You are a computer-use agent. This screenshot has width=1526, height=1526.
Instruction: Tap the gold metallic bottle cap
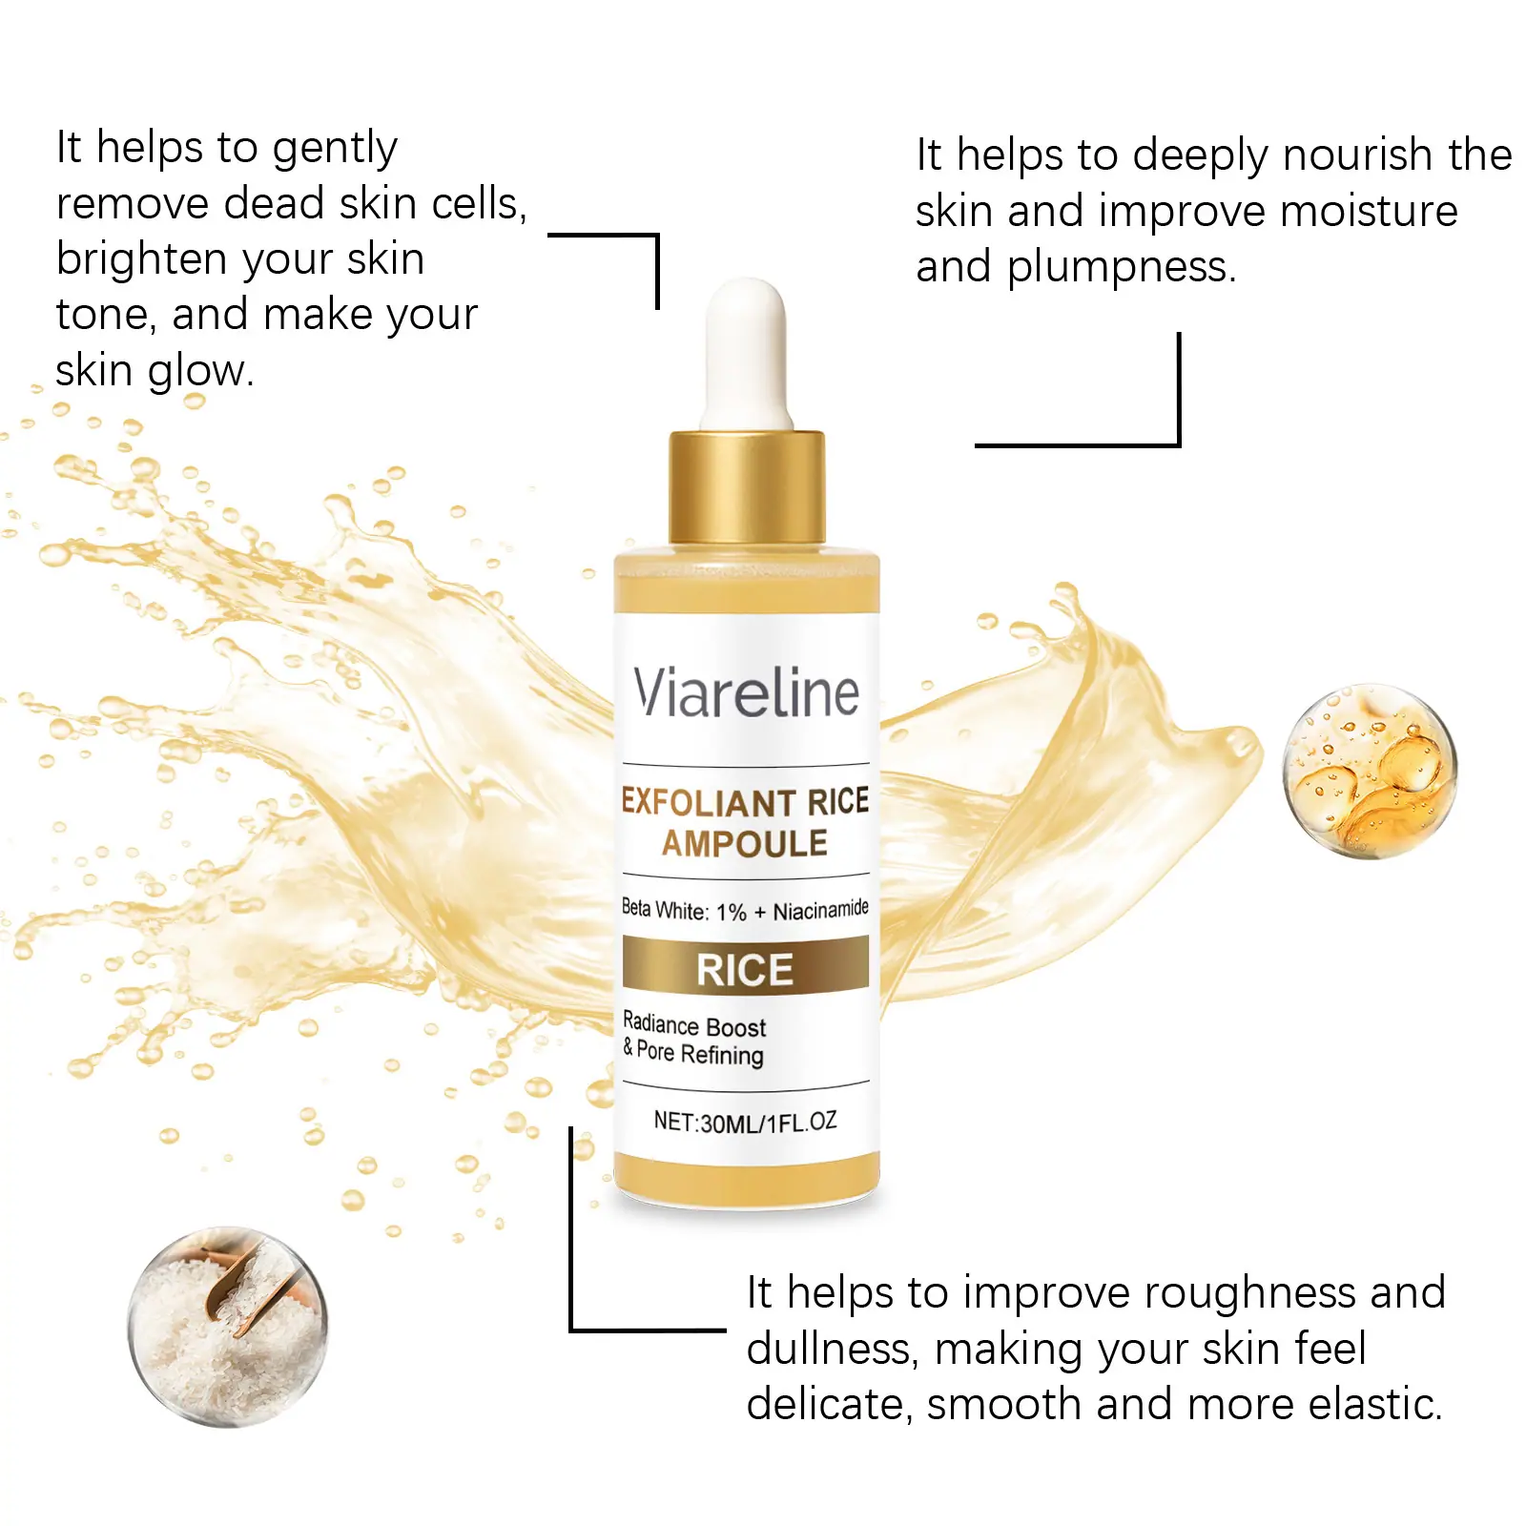coord(747,487)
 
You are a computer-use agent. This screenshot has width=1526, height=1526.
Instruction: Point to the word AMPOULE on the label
coord(745,844)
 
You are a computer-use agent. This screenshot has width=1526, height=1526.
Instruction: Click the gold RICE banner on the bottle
coord(746,965)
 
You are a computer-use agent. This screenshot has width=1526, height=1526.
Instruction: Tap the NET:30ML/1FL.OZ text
coord(745,1122)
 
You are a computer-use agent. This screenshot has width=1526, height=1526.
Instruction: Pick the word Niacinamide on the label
coord(821,910)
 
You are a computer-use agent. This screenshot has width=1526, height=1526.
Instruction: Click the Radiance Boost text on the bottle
coord(694,1025)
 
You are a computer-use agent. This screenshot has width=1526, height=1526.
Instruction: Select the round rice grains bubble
coord(227,1326)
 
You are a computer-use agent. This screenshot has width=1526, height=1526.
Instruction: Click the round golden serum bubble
coord(1370,771)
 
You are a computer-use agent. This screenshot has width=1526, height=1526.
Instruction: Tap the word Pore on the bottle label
coord(655,1051)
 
